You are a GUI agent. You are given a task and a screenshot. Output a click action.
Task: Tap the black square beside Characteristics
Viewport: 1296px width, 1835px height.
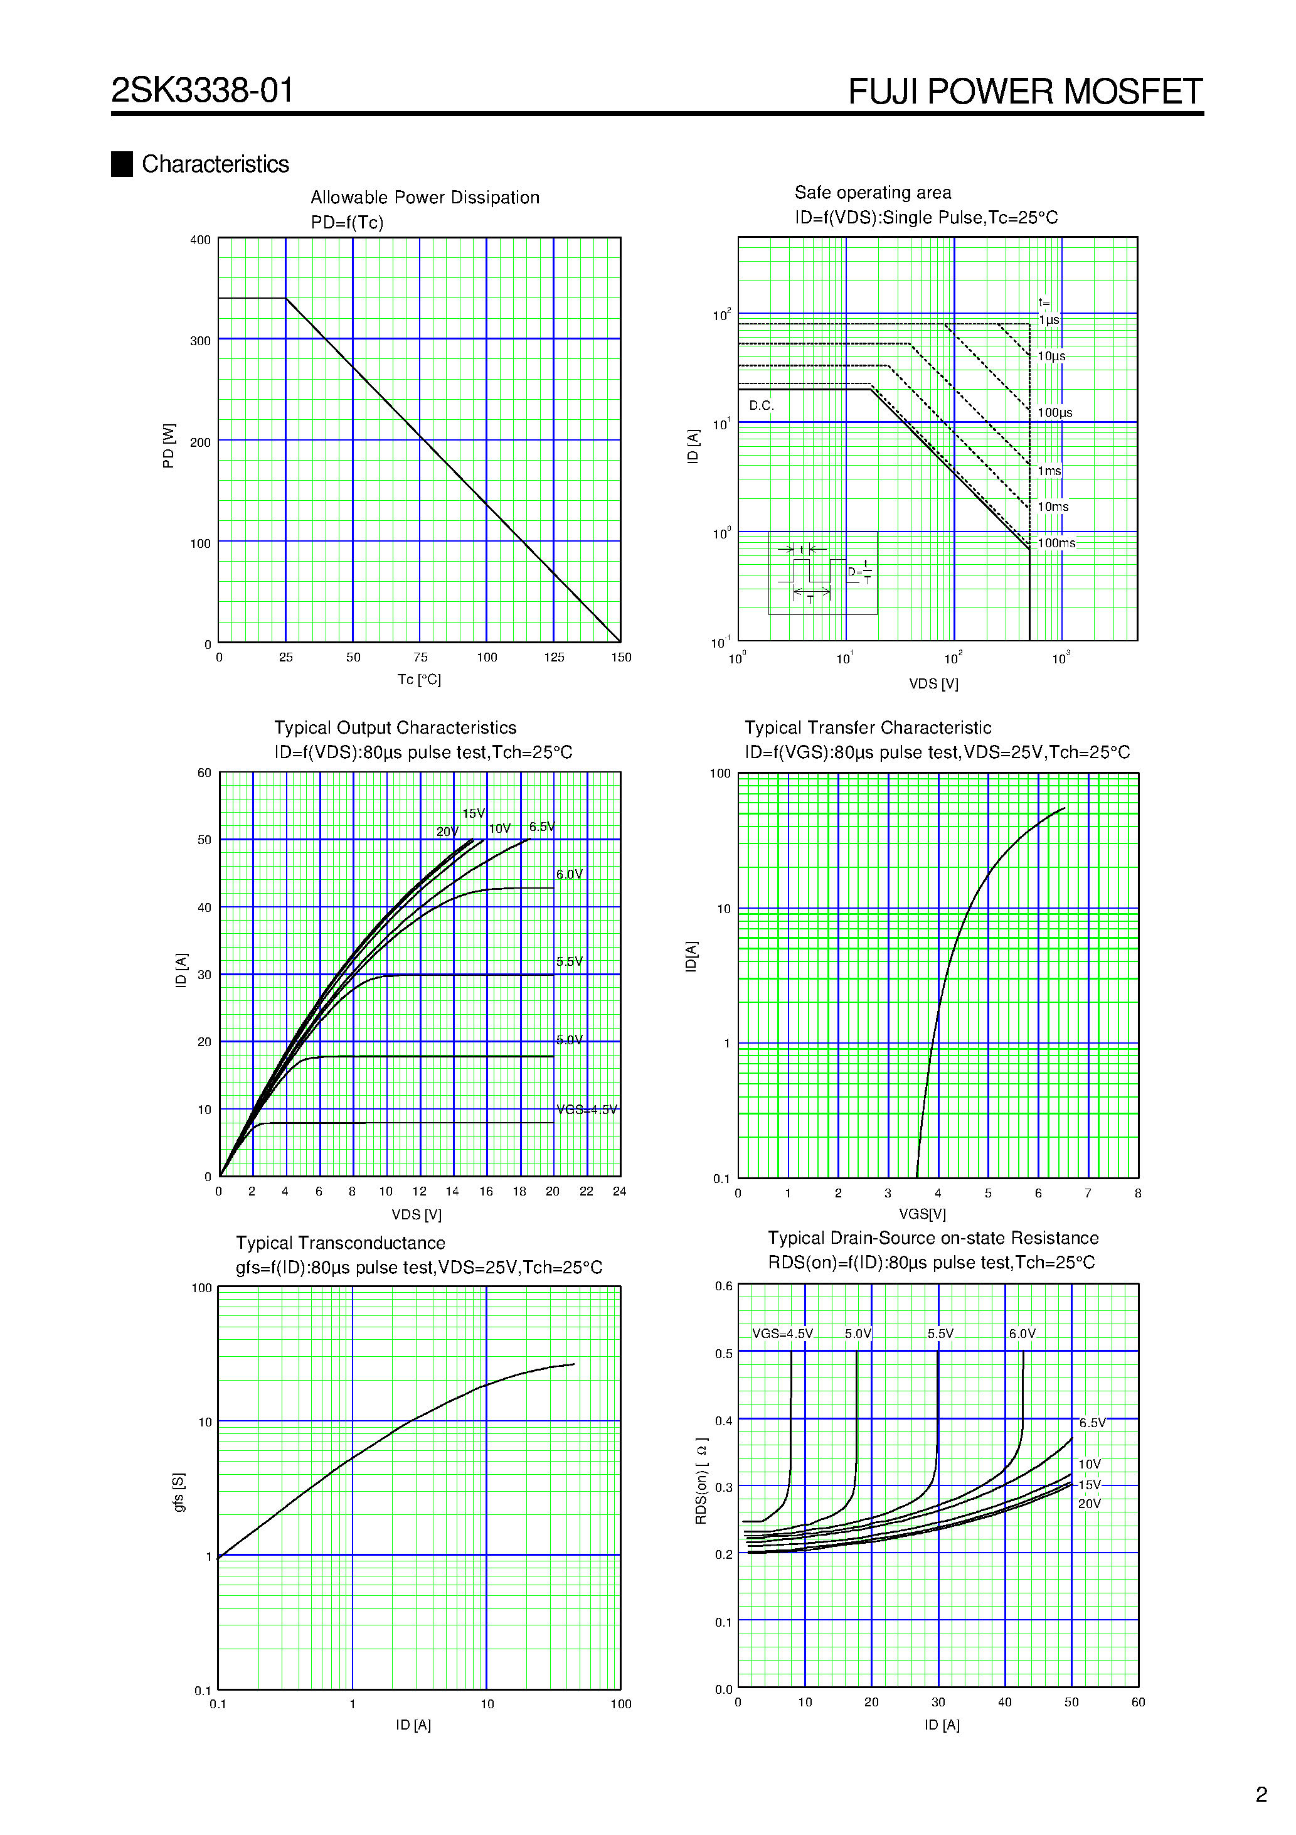click(122, 164)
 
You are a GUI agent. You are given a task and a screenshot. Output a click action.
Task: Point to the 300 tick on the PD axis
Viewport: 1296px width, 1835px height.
click(201, 341)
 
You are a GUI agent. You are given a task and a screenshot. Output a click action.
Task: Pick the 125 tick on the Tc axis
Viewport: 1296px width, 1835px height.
click(554, 658)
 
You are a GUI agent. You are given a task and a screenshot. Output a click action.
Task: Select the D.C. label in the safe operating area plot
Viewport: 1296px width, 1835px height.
click(762, 406)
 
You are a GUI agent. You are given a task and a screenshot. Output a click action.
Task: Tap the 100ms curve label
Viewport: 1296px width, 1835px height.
click(1056, 543)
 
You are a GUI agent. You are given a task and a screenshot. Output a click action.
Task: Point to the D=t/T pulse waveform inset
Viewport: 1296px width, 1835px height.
click(823, 573)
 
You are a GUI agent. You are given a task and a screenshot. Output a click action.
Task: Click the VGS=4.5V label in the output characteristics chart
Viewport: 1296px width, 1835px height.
click(587, 1110)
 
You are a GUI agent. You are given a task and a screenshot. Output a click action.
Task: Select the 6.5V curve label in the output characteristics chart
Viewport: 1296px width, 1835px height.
click(542, 827)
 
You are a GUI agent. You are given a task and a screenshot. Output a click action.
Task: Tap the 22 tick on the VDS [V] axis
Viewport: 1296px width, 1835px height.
click(587, 1192)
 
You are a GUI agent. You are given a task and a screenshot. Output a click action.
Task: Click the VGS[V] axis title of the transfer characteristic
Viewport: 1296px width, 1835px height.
click(922, 1214)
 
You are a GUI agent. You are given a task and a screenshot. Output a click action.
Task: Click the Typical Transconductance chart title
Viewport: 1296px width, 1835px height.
click(341, 1243)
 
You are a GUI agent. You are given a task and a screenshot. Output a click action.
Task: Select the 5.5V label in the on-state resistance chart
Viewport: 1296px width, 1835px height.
click(940, 1334)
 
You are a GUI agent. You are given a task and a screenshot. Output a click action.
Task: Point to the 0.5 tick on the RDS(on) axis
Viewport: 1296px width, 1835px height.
click(723, 1354)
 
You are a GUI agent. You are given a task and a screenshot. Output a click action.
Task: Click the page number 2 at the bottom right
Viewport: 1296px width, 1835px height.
click(1261, 1795)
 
